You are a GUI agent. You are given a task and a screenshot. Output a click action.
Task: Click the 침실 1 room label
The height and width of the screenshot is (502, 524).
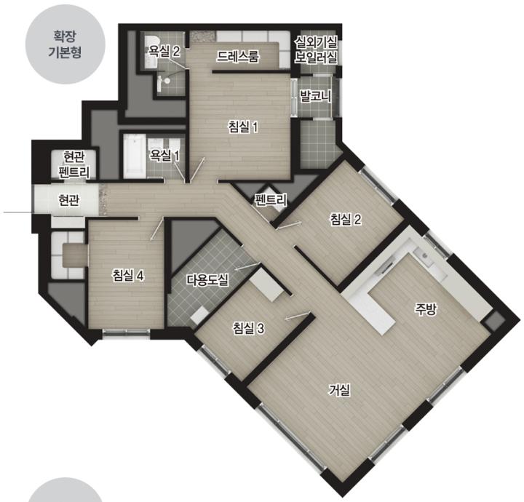(x=243, y=127)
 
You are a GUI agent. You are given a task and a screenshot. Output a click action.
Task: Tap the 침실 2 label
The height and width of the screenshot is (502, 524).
(x=346, y=220)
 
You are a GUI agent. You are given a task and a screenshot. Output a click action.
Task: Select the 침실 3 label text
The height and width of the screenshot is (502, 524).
(x=249, y=328)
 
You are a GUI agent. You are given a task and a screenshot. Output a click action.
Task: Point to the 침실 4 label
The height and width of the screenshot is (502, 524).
(x=128, y=276)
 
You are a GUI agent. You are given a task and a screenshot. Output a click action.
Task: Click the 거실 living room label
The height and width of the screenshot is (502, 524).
(x=340, y=390)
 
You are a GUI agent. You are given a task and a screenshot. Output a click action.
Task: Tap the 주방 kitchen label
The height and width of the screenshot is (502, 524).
(x=426, y=310)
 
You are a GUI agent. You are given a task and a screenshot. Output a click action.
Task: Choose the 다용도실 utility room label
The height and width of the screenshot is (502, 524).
(x=207, y=280)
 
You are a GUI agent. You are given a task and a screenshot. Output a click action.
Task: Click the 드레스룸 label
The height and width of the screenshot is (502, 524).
(x=237, y=57)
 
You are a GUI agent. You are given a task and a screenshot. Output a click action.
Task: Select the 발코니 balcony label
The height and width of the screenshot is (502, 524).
(x=315, y=97)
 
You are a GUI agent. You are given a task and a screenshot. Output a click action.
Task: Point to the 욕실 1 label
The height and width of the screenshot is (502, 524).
(x=164, y=155)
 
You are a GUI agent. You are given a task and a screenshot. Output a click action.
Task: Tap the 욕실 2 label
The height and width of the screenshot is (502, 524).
(x=164, y=52)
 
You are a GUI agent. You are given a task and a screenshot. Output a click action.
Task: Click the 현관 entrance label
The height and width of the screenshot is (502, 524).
(x=68, y=200)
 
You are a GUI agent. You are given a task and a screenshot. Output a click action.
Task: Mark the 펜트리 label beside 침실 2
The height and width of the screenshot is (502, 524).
(x=271, y=200)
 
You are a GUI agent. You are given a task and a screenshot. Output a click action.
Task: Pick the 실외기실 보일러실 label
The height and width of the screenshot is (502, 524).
(x=316, y=49)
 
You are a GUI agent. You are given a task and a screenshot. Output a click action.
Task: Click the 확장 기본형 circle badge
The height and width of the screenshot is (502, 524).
(x=65, y=44)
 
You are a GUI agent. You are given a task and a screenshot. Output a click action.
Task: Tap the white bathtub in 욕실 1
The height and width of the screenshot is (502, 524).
(x=135, y=156)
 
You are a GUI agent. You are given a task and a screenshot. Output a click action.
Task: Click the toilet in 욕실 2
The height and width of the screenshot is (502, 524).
(x=163, y=80)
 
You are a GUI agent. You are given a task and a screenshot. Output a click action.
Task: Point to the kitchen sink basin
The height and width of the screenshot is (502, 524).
(x=424, y=256)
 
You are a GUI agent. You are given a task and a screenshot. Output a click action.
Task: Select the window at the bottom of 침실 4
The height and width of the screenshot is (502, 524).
(x=127, y=332)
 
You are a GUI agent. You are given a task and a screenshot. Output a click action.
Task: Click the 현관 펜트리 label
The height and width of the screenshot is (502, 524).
(x=74, y=164)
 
